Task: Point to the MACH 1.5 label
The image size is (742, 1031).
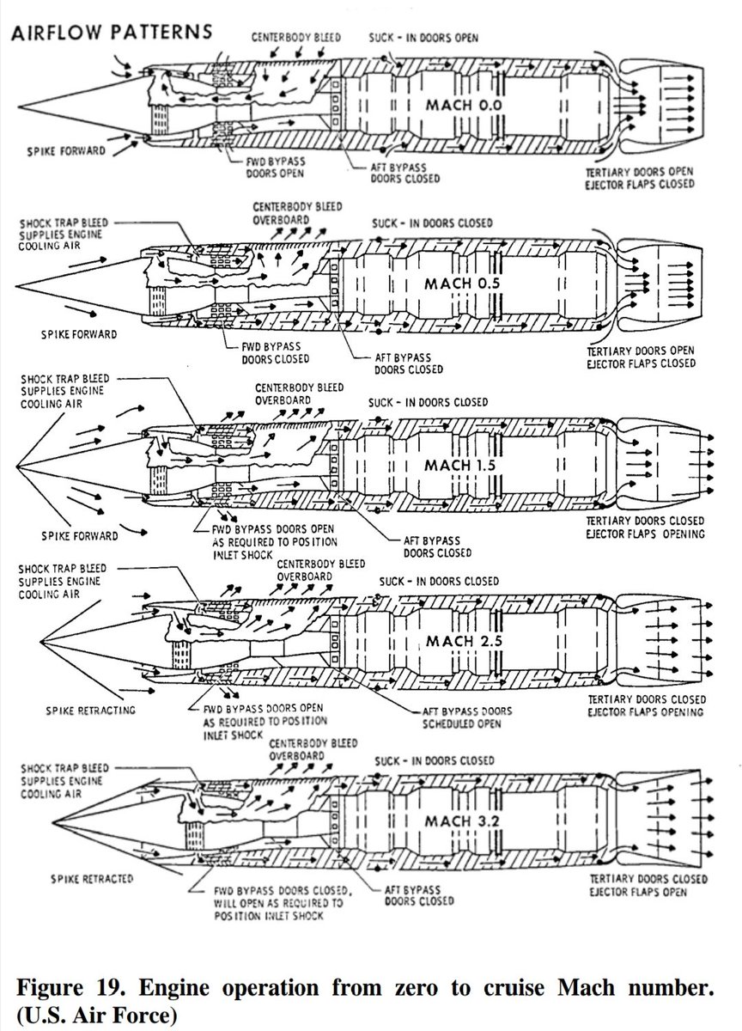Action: (460, 465)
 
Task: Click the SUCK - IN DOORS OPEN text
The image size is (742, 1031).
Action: (424, 39)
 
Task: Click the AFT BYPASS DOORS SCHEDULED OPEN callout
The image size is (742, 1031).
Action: (468, 717)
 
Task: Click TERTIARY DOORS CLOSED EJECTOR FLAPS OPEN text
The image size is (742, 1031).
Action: (648, 886)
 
